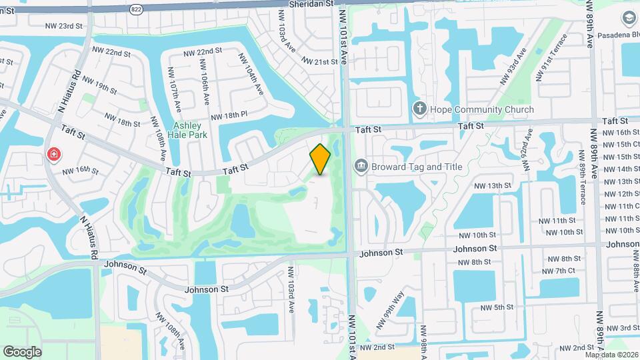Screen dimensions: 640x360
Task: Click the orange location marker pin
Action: (x=320, y=159)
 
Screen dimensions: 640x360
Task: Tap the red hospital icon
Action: (x=53, y=155)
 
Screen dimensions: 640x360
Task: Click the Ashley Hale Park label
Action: (x=190, y=130)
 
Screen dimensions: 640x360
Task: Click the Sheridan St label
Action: (x=311, y=4)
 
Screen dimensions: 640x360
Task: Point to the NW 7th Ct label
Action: (x=558, y=271)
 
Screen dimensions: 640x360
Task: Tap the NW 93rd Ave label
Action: (x=513, y=65)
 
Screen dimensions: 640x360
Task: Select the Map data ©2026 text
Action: (x=612, y=354)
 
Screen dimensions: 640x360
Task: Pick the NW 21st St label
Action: (x=321, y=61)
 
